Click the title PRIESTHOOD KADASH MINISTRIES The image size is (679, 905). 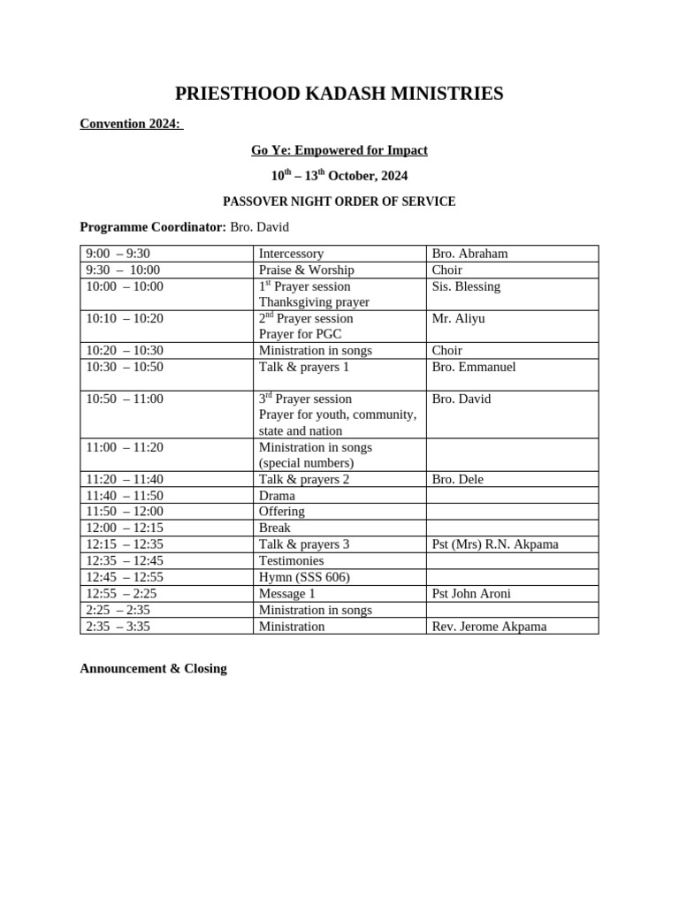coord(339,94)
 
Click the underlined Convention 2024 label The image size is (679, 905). coord(131,124)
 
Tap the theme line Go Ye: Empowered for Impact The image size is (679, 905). coord(339,150)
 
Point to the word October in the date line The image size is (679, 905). coord(354,177)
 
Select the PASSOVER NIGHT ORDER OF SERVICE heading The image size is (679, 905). coord(339,202)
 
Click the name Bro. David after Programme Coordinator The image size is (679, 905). coord(259,227)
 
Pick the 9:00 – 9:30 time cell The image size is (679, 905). coord(118,254)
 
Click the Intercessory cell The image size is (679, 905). coord(291,254)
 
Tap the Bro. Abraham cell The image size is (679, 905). coord(469,254)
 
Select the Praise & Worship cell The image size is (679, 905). coord(306,270)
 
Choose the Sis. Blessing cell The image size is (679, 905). coord(466,286)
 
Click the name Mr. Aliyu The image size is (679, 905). coord(458,318)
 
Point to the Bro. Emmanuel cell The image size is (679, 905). coord(473,367)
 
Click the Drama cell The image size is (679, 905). coord(277,496)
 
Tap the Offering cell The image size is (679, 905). coord(281,512)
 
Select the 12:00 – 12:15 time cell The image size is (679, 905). coord(124,528)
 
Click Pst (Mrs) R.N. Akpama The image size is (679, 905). coord(495,544)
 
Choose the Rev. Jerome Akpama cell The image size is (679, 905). coord(489,627)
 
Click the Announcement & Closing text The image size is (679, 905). coord(153,669)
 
